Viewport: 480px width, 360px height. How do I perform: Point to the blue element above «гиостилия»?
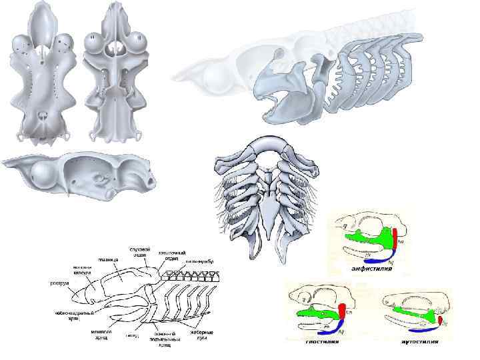coord(326,326)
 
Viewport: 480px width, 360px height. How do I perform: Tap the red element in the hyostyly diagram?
coord(343,311)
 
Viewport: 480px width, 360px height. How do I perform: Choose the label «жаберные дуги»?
coord(203,332)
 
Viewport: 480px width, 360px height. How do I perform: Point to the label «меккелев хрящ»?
coord(102,331)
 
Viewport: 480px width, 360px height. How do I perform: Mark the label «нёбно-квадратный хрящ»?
coord(69,313)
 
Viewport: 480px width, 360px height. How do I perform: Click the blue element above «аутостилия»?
coord(419,327)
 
